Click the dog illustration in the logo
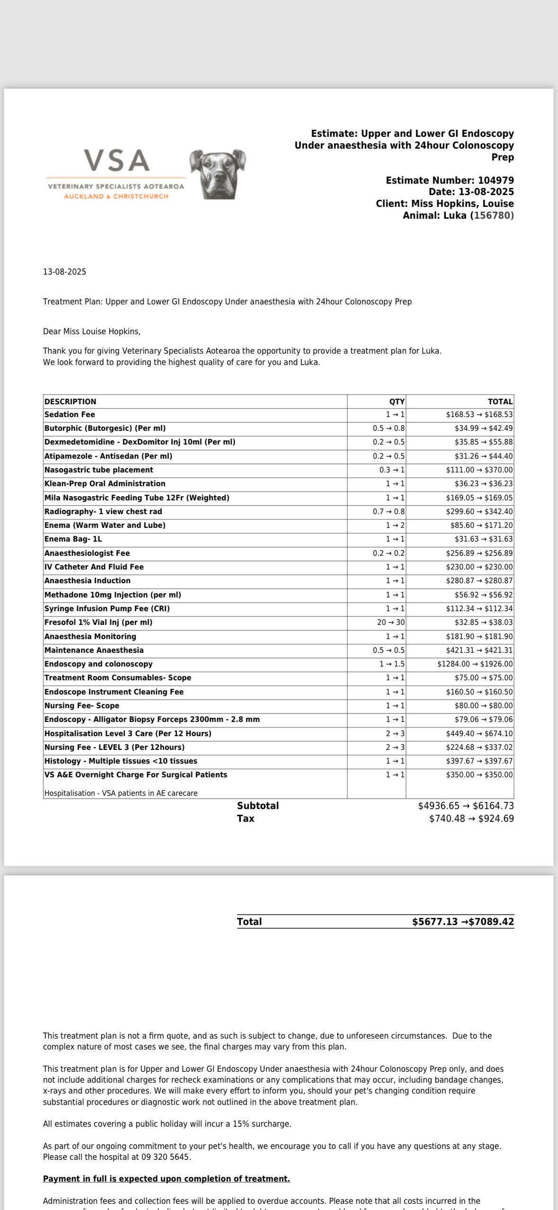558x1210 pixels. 218,174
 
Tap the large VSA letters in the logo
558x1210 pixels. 117,161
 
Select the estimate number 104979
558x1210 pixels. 496,180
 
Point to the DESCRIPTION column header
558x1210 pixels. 71,401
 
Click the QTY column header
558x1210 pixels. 397,401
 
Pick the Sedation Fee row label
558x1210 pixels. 70,415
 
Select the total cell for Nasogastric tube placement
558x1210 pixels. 479,470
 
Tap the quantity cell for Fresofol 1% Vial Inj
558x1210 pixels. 390,623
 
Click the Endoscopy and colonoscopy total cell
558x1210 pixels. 475,664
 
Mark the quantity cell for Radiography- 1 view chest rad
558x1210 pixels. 389,512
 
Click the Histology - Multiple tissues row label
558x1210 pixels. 121,761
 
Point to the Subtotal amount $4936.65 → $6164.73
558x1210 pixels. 466,806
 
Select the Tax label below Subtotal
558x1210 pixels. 246,819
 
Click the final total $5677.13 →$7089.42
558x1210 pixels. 462,922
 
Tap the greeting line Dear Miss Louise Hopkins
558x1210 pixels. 92,331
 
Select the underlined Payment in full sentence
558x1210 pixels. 167,1179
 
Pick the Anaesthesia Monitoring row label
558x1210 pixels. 90,637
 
